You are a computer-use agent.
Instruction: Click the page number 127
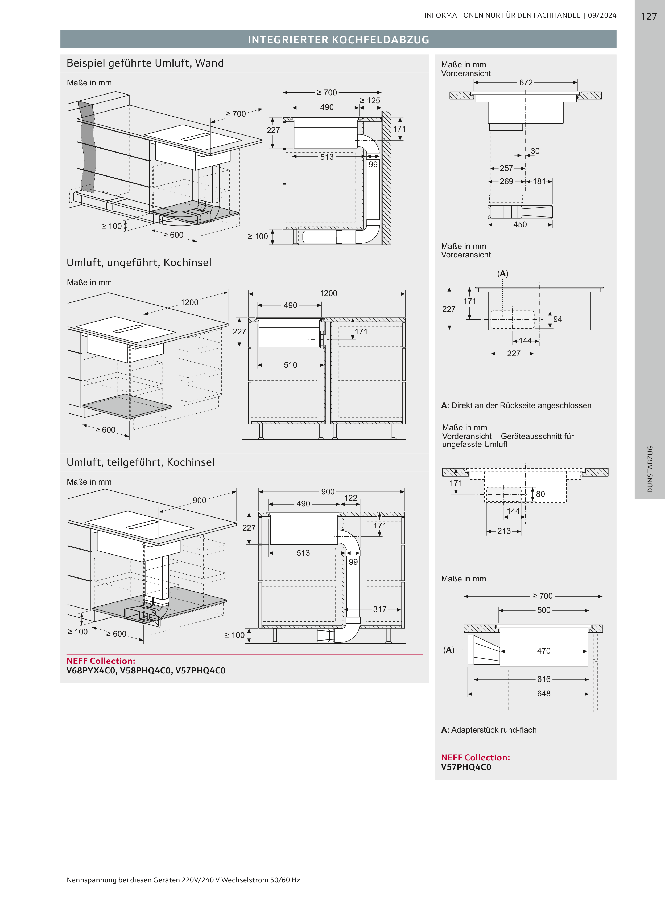click(649, 17)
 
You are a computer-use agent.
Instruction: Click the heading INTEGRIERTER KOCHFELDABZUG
click(338, 39)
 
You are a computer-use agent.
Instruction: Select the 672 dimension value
click(526, 83)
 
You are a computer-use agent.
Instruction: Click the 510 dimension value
click(290, 365)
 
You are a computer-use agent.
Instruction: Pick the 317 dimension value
click(379, 609)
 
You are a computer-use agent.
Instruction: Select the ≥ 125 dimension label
click(370, 101)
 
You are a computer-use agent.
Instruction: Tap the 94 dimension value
click(557, 319)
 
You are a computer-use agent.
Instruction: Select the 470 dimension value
click(543, 651)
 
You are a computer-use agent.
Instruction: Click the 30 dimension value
click(535, 151)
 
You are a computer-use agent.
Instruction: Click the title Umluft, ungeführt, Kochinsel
click(139, 263)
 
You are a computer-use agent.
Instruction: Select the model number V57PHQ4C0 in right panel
click(466, 767)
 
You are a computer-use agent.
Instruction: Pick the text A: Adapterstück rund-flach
click(489, 730)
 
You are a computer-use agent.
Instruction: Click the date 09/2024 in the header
click(602, 15)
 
